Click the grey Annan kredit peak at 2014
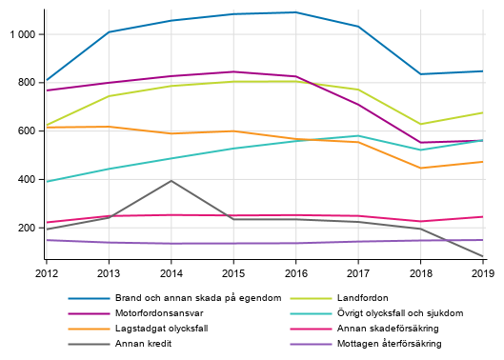pyautogui.click(x=171, y=181)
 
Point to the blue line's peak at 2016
pyautogui.click(x=295, y=12)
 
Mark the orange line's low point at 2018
pyautogui.click(x=420, y=168)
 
